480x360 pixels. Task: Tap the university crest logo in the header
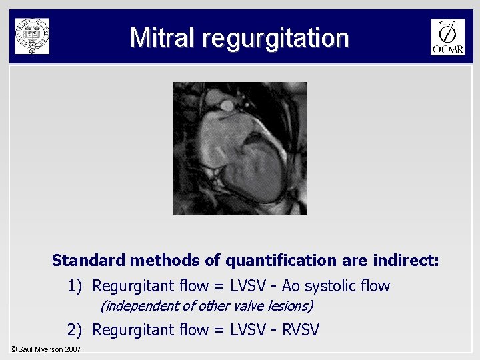tap(32, 36)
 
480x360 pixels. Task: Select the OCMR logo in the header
tap(447, 37)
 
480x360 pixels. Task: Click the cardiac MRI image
tap(240, 148)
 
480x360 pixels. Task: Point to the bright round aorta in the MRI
tap(227, 105)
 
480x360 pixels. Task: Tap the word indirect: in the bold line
tap(406, 260)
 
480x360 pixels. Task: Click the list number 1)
tap(75, 287)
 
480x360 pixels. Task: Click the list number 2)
tap(75, 329)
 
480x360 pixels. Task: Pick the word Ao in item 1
tap(291, 287)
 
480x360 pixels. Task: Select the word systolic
tap(329, 287)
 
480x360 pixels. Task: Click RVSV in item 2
tap(301, 329)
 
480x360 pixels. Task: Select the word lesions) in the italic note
tap(291, 307)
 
